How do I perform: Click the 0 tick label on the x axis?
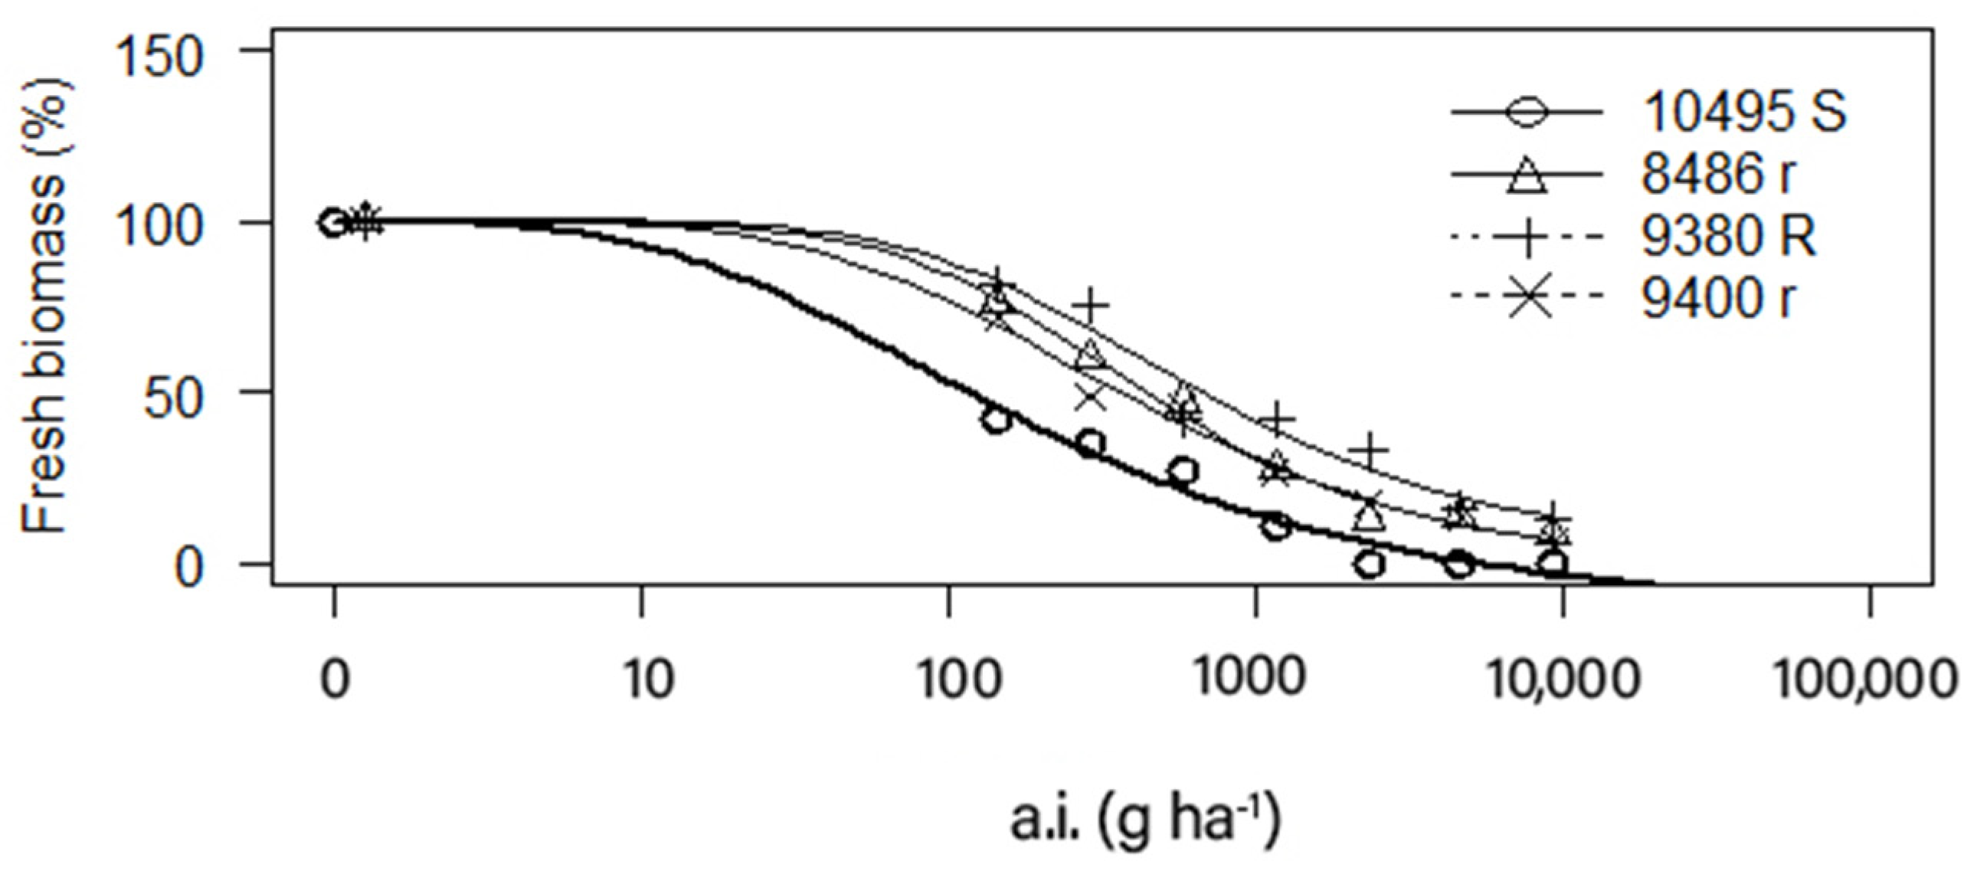[x=334, y=680]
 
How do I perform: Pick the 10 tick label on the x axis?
[x=650, y=680]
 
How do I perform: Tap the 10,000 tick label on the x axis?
[x=1563, y=680]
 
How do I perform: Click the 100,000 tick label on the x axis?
[x=1865, y=680]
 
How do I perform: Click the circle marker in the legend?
[x=1527, y=113]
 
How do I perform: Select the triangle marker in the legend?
[x=1527, y=175]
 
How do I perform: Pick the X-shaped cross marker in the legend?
[x=1527, y=298]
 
